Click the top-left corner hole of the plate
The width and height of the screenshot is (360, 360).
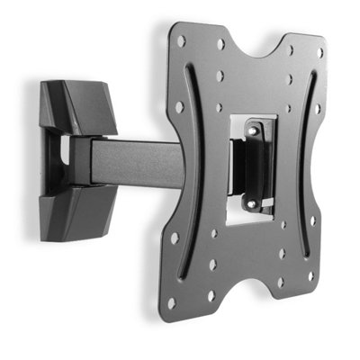181,41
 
